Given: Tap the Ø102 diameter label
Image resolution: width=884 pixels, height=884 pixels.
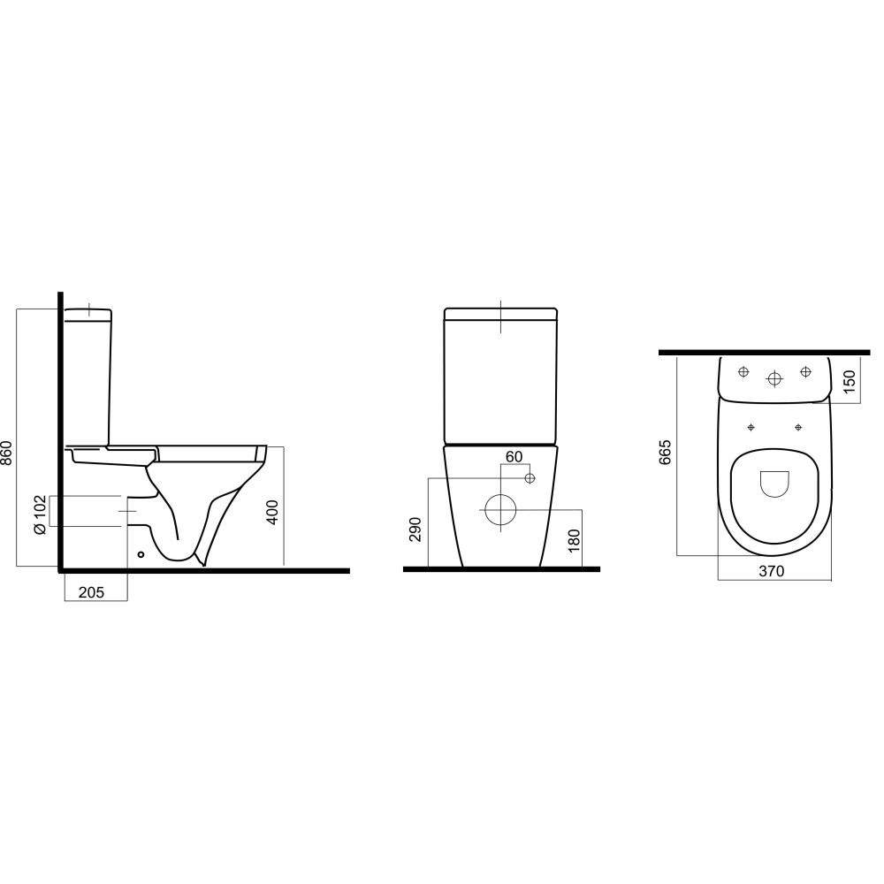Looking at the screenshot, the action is pos(40,514).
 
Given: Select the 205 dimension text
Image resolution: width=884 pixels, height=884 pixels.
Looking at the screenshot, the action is pos(91,592).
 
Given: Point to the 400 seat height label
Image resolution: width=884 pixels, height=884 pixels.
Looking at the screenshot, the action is pos(273,513).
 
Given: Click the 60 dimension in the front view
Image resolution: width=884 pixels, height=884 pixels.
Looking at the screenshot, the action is pos(514,457).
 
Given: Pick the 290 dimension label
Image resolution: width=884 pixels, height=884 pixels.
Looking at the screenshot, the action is pos(415,529).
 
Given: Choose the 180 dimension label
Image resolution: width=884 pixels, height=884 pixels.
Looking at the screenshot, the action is pos(574,541).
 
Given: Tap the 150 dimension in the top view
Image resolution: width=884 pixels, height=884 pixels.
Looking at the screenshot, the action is pos(850,382).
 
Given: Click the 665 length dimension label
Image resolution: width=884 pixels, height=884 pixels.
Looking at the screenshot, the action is pos(666,452).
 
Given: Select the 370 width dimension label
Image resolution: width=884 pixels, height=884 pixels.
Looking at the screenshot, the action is pos(771,571).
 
